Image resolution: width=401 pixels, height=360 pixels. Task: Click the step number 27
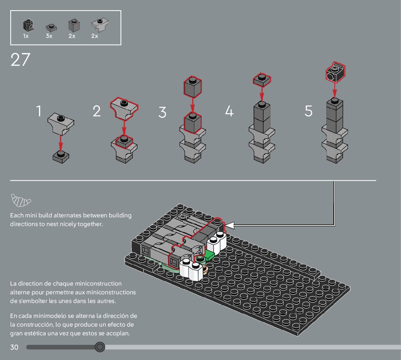tap(20, 60)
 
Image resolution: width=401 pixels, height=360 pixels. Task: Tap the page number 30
tap(14, 347)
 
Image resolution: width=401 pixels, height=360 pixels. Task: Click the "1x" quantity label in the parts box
tap(26, 36)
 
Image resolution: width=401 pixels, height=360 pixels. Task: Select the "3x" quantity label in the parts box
tap(49, 36)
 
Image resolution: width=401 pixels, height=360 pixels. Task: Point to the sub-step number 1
tap(39, 111)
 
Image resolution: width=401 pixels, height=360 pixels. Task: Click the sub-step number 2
tap(97, 111)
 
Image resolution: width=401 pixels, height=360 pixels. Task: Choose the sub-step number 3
tap(162, 112)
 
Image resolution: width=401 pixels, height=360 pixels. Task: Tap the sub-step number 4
tap(229, 111)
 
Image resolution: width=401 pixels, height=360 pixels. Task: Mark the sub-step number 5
tap(309, 111)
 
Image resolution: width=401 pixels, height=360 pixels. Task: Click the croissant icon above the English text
tap(20, 200)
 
